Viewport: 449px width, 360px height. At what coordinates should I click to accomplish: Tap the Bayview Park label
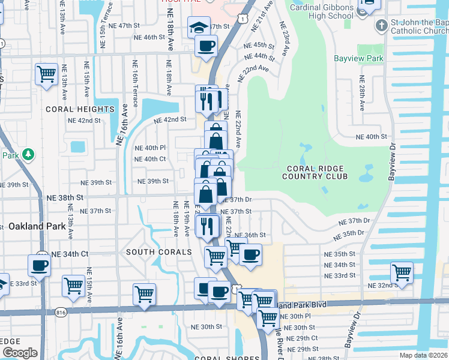pyautogui.click(x=358, y=59)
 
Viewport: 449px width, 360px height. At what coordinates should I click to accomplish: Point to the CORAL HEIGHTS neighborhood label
pyautogui.click(x=79, y=109)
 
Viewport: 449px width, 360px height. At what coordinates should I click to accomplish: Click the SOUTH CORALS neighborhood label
pyautogui.click(x=159, y=252)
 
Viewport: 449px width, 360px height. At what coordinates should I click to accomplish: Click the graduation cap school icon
pyautogui.click(x=199, y=27)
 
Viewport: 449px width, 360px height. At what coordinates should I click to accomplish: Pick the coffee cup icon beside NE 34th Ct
pyautogui.click(x=40, y=265)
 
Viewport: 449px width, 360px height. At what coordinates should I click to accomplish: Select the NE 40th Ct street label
pyautogui.click(x=150, y=159)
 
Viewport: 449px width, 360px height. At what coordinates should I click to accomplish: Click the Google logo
pyautogui.click(x=20, y=353)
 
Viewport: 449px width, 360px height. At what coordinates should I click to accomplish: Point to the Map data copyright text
pyautogui.click(x=424, y=355)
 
